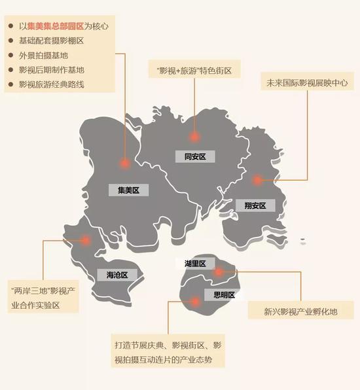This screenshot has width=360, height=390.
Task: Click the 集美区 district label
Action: [x=129, y=190]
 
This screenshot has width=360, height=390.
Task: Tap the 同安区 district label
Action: [x=195, y=156]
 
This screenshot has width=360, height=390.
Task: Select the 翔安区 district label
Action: [x=255, y=205]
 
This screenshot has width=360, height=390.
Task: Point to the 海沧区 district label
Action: [x=117, y=275]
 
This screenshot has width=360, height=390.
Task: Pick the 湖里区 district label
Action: [x=195, y=264]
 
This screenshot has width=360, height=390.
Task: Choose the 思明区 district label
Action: [x=224, y=294]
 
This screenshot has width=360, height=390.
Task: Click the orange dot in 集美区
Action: [x=125, y=164]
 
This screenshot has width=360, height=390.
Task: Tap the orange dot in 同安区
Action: [x=194, y=137]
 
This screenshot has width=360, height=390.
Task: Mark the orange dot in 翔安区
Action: [x=257, y=180]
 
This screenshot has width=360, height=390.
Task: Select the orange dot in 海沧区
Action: [x=85, y=240]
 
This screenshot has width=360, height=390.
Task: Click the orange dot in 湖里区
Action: [x=219, y=272]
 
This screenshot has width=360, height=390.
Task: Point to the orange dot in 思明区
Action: [x=196, y=302]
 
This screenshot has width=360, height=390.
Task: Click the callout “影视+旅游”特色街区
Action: [x=194, y=71]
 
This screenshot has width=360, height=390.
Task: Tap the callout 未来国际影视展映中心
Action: [x=307, y=83]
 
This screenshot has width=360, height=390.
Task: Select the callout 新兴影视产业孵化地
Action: [x=301, y=311]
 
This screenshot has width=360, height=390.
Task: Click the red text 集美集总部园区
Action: [x=56, y=26]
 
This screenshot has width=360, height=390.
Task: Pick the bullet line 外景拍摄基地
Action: [x=44, y=55]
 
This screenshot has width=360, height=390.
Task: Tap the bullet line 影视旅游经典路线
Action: [x=52, y=84]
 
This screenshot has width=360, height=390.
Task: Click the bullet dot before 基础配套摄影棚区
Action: [x=10, y=41]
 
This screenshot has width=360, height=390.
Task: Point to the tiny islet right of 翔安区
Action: [x=303, y=240]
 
